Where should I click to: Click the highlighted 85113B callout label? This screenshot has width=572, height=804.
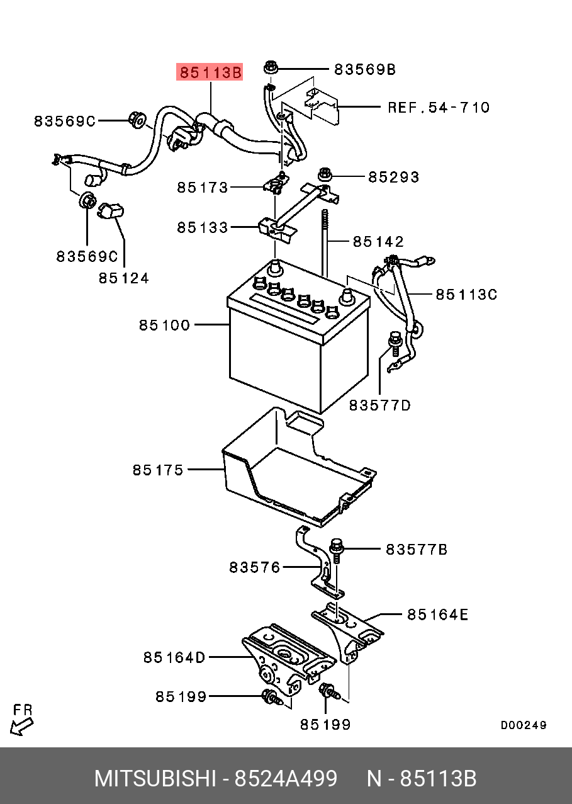210,73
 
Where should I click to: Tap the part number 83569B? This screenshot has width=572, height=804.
364,69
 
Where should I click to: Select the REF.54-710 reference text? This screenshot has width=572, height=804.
438,107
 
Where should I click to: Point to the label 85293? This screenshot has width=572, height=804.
393,178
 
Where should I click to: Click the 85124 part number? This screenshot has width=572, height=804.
123,278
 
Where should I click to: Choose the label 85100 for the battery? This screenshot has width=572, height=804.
164,325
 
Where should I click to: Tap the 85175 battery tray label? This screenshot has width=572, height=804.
158,470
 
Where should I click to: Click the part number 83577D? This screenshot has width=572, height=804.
379,405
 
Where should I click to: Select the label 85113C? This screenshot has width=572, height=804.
466,294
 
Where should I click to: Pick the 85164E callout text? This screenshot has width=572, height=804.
437,614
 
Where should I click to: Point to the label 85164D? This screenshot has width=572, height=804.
174,657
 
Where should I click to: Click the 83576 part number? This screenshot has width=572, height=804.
254,567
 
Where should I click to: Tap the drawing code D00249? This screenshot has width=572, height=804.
524,725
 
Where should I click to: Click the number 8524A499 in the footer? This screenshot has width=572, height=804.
286,778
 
